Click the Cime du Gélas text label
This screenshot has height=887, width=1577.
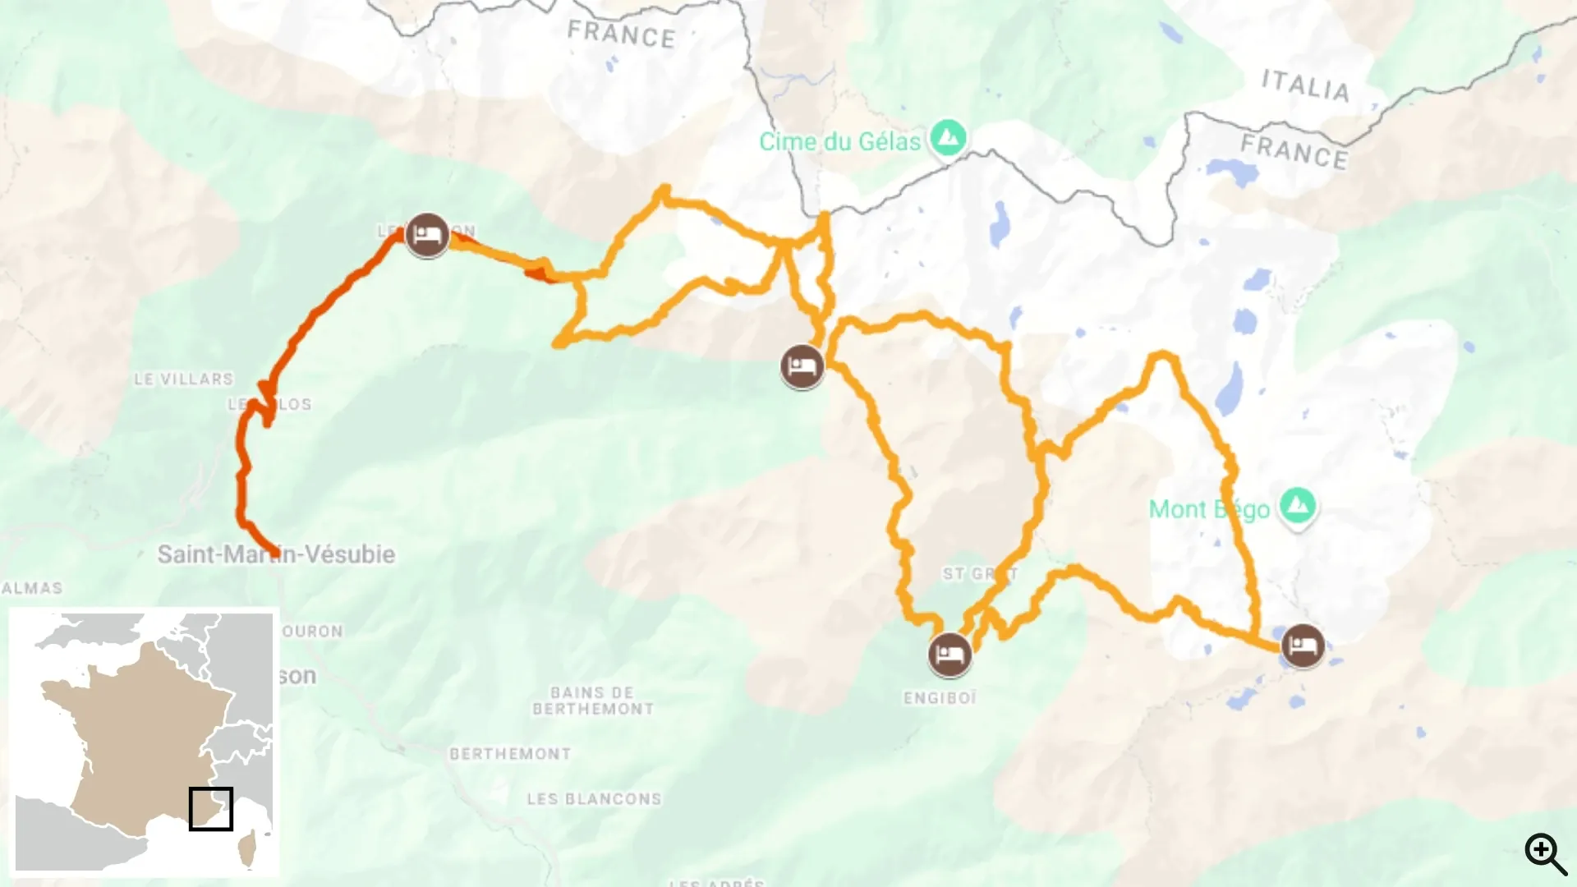(839, 142)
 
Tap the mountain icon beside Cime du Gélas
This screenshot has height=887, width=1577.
(949, 139)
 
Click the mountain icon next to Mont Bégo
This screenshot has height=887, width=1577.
(1297, 505)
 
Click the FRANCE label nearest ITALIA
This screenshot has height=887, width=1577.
(1294, 152)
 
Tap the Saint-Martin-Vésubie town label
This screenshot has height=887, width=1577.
(276, 554)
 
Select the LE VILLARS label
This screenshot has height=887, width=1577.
(184, 379)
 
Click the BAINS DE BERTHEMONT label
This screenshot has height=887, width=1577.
(592, 701)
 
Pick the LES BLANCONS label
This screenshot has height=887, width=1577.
(594, 799)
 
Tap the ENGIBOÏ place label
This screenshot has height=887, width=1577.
(940, 698)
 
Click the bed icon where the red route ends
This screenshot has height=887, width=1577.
(426, 235)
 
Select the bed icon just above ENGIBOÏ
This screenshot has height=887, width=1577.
(949, 655)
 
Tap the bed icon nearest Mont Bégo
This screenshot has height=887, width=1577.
(1302, 646)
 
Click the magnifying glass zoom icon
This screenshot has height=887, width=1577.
(1545, 854)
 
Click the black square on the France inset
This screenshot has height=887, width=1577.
(210, 809)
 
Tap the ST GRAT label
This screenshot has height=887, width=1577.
(979, 573)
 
